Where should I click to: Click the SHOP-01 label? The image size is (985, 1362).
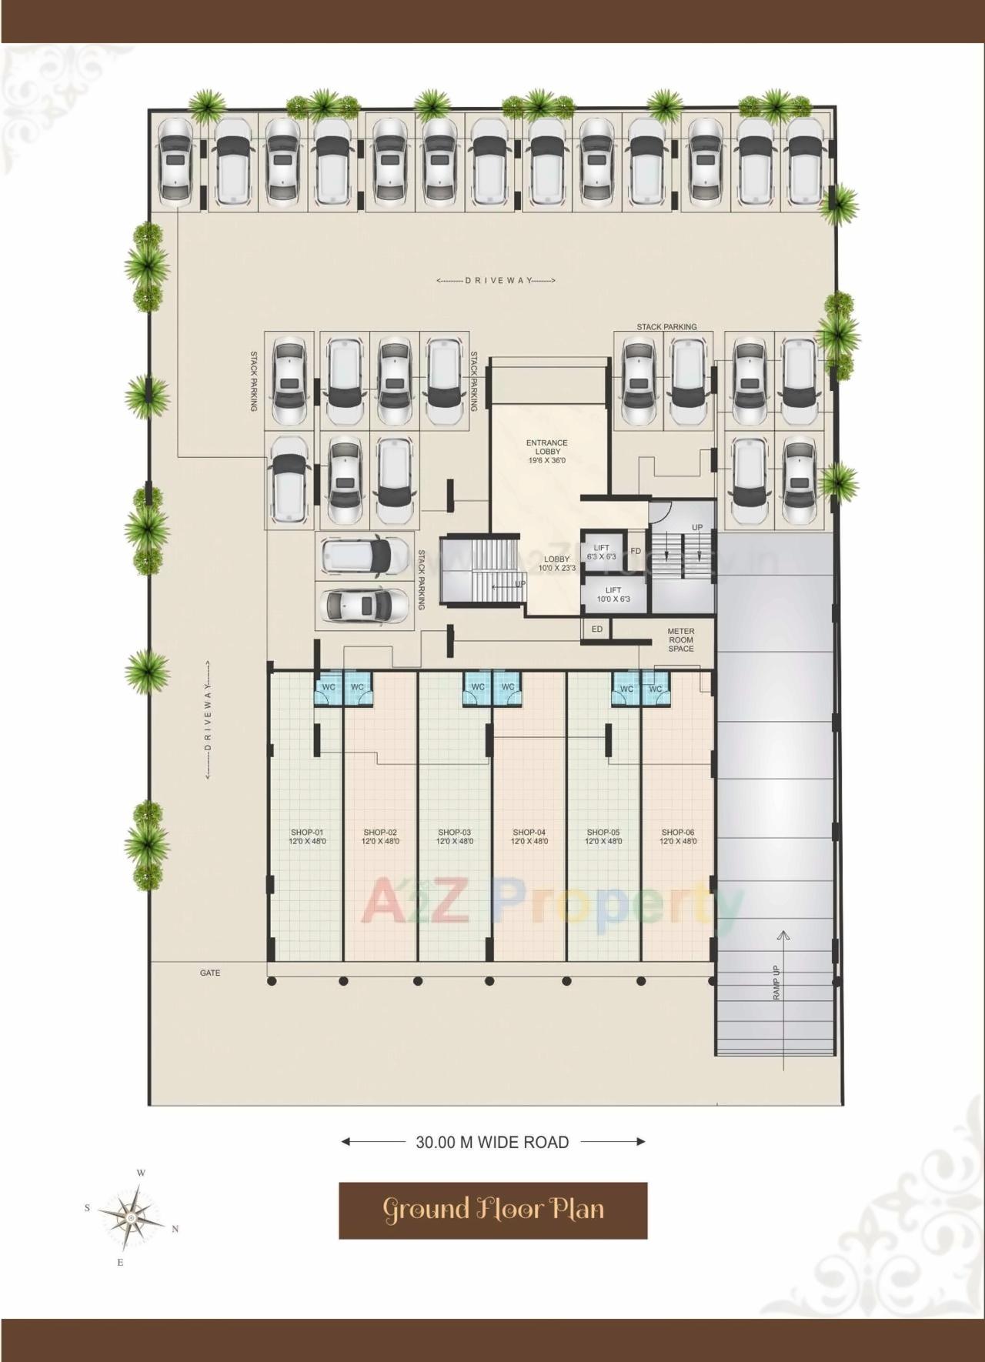coord(307,836)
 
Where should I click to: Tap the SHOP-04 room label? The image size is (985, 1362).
coord(529,836)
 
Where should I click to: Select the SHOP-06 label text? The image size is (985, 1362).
coord(678,836)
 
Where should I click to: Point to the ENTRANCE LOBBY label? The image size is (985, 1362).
coord(547,452)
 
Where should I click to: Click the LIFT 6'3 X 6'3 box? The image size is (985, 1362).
coord(602,552)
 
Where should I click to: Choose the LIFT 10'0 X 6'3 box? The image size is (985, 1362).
coord(613,594)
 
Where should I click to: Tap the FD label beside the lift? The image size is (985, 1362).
coord(636,551)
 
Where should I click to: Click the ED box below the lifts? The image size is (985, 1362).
coord(597,629)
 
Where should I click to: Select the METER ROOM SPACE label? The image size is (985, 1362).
coord(681,639)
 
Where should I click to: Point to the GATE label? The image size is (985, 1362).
coord(210,973)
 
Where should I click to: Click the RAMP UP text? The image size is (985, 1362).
coord(776,982)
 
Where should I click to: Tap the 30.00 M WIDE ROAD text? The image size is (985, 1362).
coord(492,1143)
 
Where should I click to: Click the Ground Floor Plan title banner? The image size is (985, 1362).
coord(492,1210)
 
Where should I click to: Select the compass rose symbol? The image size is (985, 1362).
coord(131,1218)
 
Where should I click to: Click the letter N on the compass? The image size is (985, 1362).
coord(175,1229)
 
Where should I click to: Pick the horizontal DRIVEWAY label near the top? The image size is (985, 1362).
coord(496,281)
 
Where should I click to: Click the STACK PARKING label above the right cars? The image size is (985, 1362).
coord(666,327)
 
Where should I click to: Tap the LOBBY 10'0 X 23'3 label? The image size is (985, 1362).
coord(557,563)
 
